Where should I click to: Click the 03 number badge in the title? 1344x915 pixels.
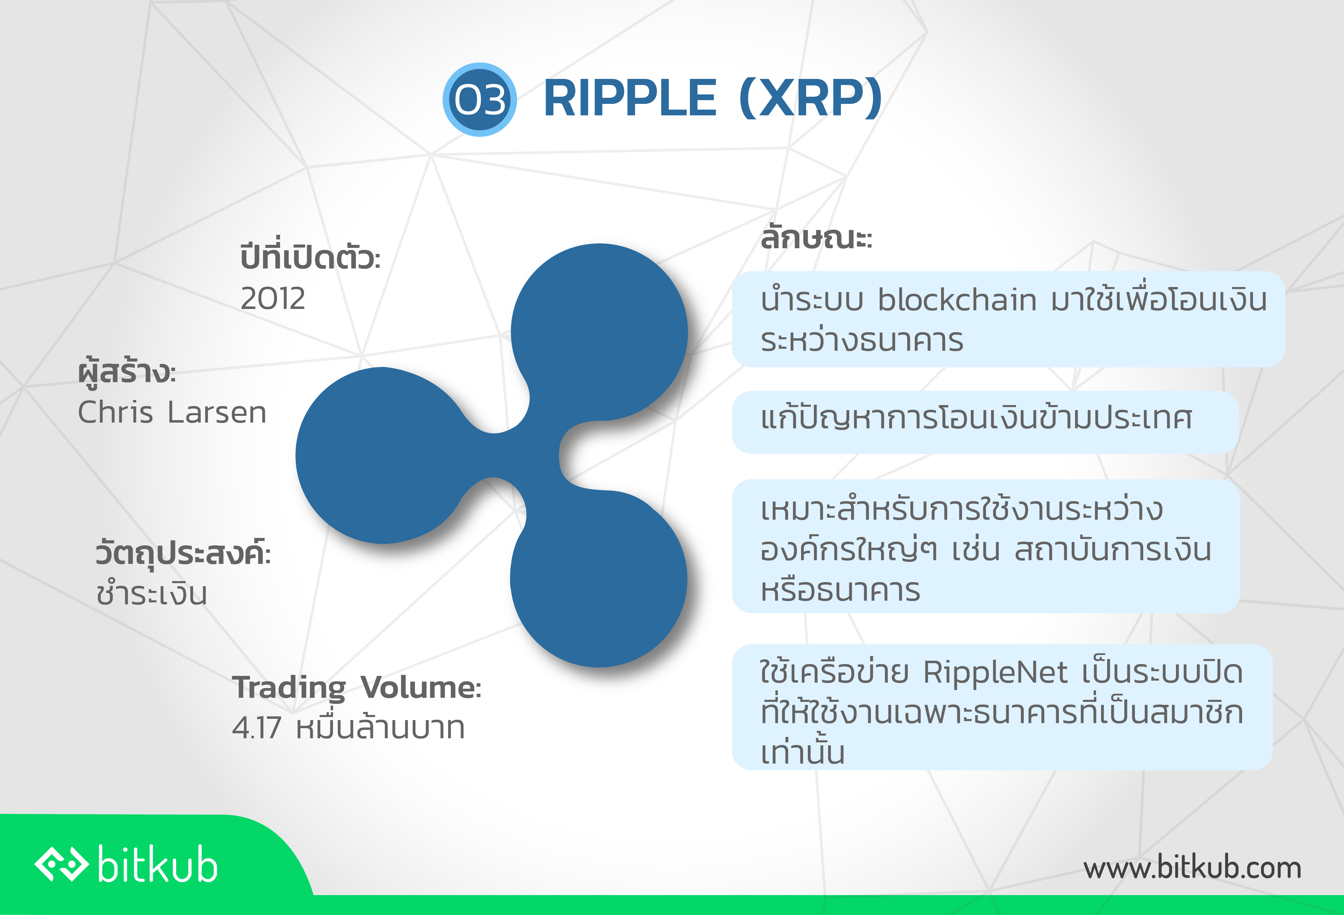coord(479,99)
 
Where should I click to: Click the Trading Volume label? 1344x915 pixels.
coord(357,688)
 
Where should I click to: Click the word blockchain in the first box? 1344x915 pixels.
coord(957,299)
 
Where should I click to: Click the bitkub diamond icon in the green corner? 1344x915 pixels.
coord(62,865)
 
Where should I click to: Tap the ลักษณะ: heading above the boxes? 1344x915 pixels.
coord(816,237)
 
